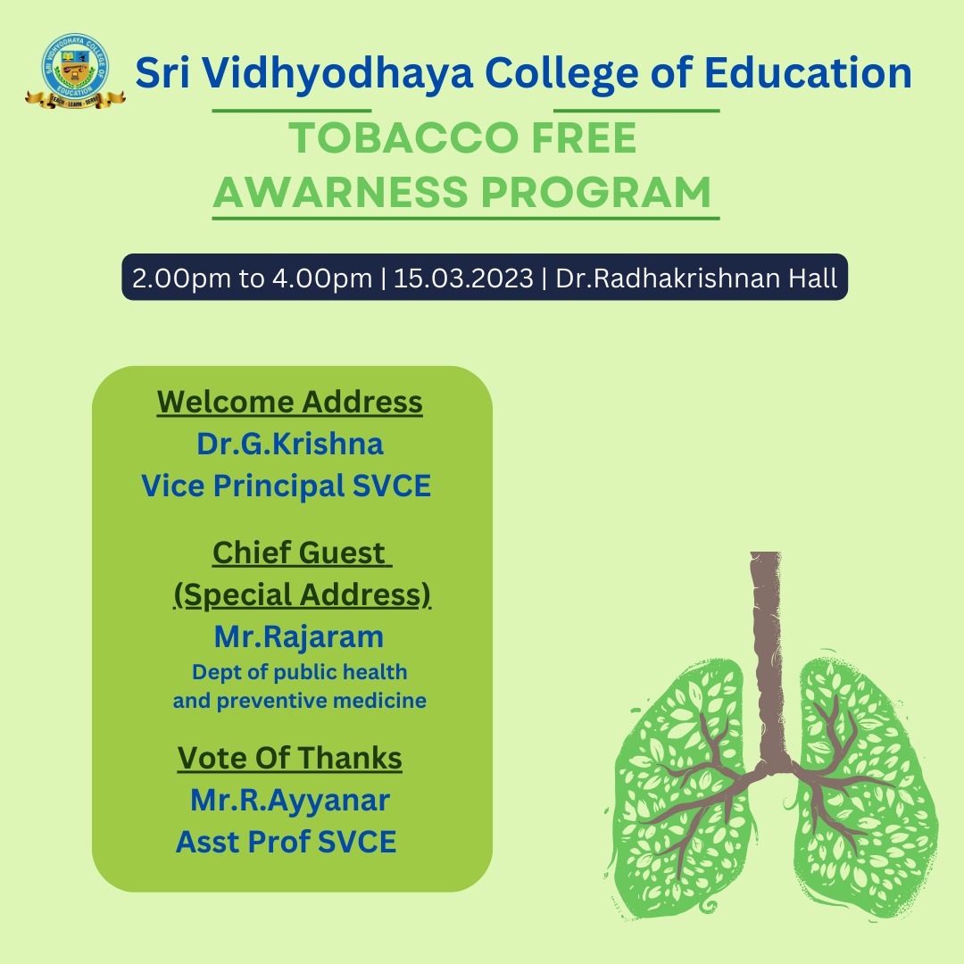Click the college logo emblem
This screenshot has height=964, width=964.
tap(75, 71)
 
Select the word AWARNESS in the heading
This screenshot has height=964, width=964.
tap(341, 192)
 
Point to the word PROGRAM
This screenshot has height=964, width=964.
tap(595, 192)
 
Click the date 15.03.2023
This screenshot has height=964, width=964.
tap(463, 278)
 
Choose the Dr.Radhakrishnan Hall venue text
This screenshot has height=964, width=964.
tap(696, 278)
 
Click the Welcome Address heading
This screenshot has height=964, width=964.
tap(289, 402)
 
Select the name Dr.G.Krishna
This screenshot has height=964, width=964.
tap(289, 444)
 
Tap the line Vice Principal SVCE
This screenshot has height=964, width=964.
tap(287, 486)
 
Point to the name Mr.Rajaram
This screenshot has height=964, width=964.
tap(299, 636)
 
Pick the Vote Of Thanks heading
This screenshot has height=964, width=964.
tap(289, 758)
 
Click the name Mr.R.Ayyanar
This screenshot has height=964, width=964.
tap(289, 801)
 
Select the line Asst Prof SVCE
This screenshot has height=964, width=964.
tap(287, 842)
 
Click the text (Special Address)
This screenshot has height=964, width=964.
tap(302, 595)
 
